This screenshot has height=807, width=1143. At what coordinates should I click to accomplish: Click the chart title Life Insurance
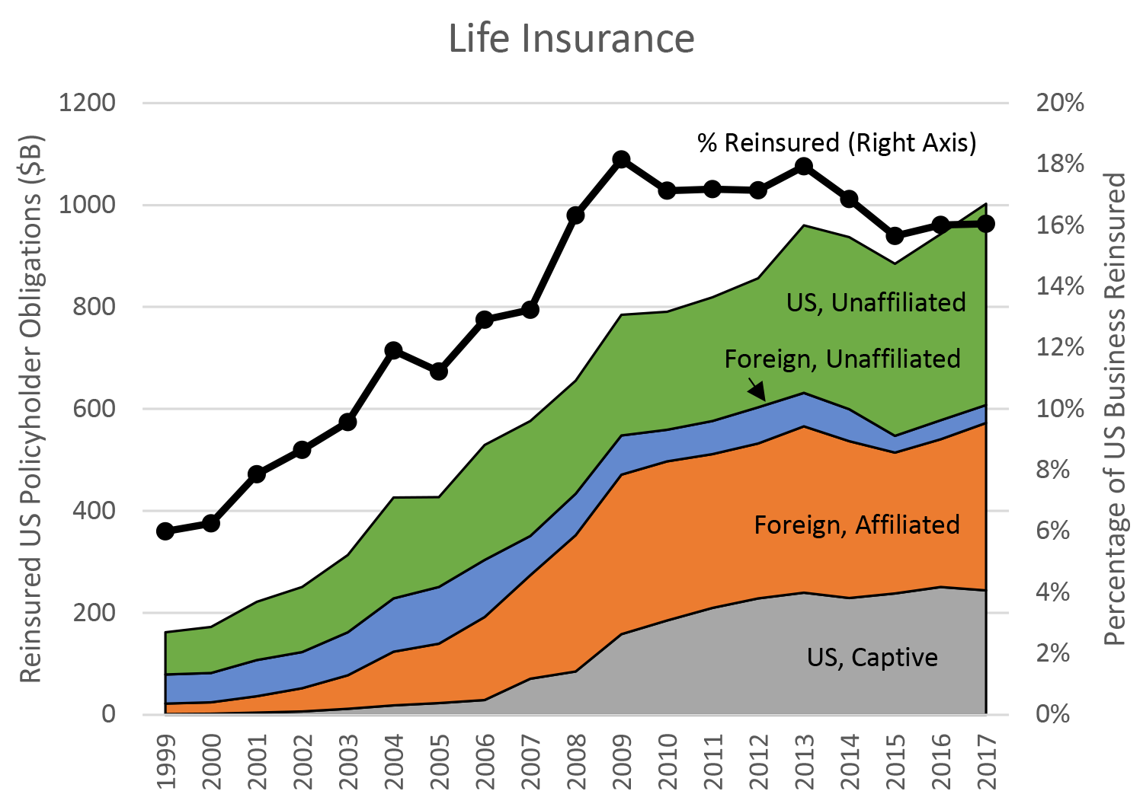pyautogui.click(x=571, y=38)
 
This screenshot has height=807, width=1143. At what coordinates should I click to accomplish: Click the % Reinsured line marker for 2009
pyautogui.click(x=621, y=159)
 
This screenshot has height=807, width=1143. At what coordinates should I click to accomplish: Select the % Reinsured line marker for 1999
pyautogui.click(x=165, y=531)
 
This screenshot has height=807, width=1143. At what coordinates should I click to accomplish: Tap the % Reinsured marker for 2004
pyautogui.click(x=393, y=350)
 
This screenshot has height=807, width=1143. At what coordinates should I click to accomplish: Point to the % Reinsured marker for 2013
pyautogui.click(x=803, y=167)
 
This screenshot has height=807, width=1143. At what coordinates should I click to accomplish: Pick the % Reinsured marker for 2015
pyautogui.click(x=895, y=236)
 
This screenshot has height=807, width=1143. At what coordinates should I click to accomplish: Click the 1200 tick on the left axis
pyautogui.click(x=87, y=103)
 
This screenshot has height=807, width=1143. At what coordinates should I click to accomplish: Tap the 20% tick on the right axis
pyautogui.click(x=1059, y=103)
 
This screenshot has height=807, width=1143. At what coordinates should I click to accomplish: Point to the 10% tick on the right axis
pyautogui.click(x=1059, y=409)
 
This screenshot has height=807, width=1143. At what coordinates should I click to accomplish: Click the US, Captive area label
pyautogui.click(x=872, y=657)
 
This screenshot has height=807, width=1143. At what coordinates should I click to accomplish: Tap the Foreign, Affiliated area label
pyautogui.click(x=856, y=525)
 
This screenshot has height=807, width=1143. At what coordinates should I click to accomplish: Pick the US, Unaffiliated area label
pyautogui.click(x=876, y=302)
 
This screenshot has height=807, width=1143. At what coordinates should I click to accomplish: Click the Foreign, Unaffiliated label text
pyautogui.click(x=842, y=359)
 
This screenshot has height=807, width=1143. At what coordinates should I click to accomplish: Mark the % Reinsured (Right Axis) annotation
pyautogui.click(x=837, y=142)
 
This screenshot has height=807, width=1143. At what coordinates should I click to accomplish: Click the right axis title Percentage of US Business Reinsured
pyautogui.click(x=1115, y=409)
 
